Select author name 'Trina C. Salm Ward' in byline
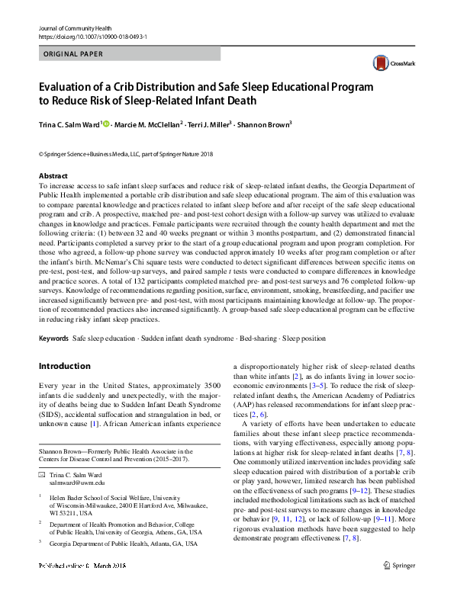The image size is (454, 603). point(69,124)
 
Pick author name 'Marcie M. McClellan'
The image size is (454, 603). point(150,124)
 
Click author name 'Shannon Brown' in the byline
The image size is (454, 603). point(263,124)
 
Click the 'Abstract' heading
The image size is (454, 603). point(53,175)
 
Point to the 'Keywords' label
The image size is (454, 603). point(53,338)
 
